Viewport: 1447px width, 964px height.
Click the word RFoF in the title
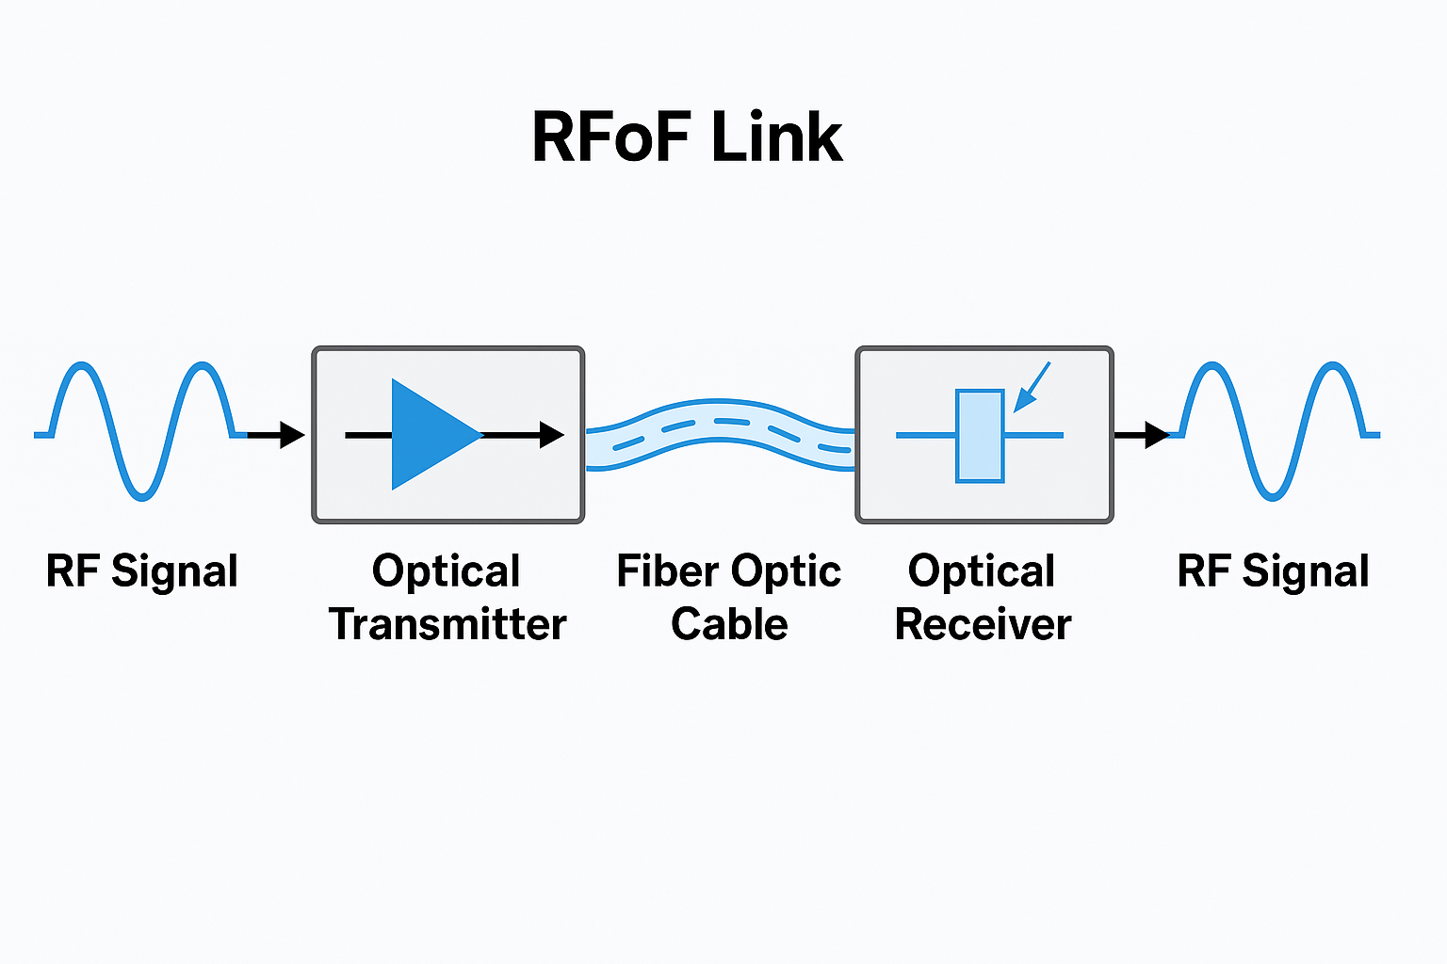(612, 137)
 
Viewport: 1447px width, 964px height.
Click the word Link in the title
(776, 137)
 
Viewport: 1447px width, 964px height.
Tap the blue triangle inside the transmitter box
(429, 435)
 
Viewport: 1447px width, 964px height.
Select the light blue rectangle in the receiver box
(980, 436)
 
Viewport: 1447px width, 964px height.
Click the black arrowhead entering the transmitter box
(292, 435)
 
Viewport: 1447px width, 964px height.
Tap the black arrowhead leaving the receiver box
(1156, 435)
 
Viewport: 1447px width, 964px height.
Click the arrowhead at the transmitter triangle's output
(551, 435)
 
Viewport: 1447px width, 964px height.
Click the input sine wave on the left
(141, 430)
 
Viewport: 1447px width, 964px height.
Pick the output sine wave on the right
(1274, 430)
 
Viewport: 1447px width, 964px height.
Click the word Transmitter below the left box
(447, 624)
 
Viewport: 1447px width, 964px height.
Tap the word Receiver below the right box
(983, 624)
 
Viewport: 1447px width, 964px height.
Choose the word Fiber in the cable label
(669, 570)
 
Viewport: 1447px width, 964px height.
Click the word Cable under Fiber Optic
(729, 624)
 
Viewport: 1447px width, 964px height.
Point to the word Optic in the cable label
(787, 572)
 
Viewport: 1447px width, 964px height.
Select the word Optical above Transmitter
(446, 570)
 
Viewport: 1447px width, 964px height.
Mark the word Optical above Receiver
(981, 570)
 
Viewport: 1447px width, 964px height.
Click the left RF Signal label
(141, 571)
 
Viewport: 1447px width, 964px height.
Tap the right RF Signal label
(1273, 571)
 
